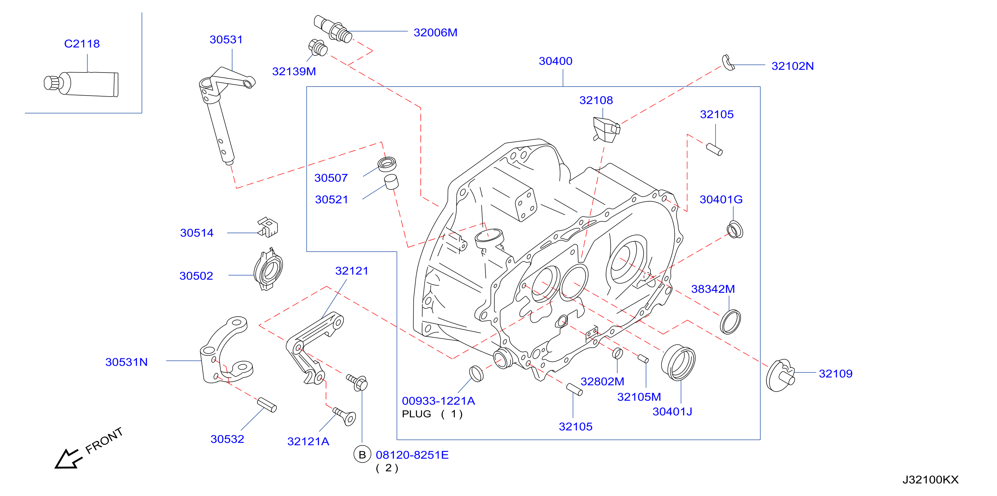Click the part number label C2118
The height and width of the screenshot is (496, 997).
coord(82,43)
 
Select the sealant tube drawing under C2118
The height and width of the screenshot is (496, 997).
coord(81,83)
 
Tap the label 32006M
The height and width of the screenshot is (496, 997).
coord(435,32)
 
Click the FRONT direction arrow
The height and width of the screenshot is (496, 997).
coord(69,459)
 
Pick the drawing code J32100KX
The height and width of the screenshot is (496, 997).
coord(931,480)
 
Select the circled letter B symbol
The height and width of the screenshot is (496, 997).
coord(362,455)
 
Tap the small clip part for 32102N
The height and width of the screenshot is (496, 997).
coord(728,63)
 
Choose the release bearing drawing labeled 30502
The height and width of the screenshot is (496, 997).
coord(268,269)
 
